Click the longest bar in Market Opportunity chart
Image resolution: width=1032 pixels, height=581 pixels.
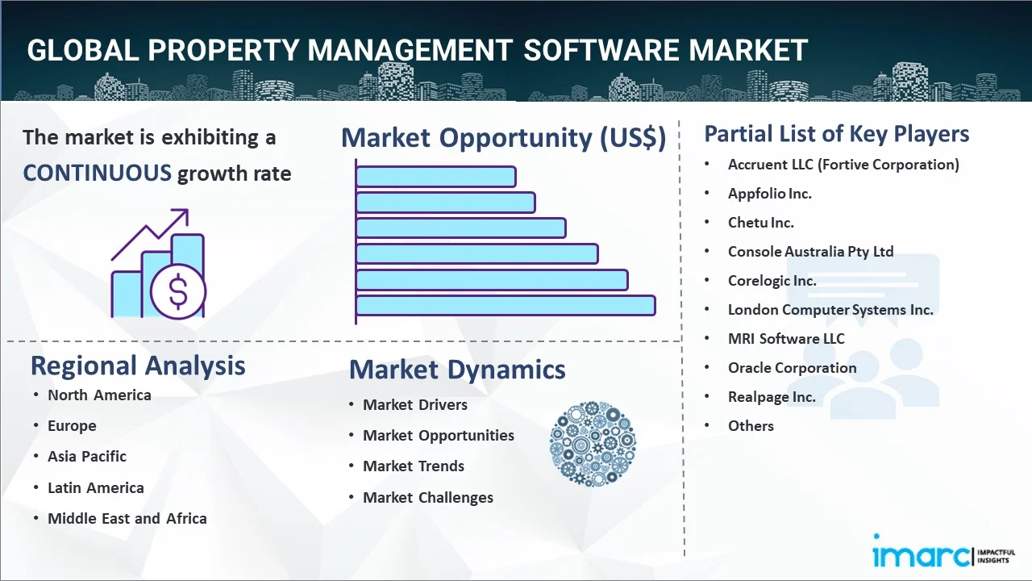coord(505,305)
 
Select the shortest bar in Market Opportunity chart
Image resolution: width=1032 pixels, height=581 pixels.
coord(435,176)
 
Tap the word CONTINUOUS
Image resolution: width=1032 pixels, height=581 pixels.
coord(97,173)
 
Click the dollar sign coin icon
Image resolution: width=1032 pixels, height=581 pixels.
coord(178,292)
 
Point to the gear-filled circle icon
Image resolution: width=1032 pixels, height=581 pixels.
coord(593,444)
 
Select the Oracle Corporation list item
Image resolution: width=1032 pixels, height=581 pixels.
coord(792,368)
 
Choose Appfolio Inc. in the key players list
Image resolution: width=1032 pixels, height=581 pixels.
coord(769,194)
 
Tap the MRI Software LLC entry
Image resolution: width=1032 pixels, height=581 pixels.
coord(786,339)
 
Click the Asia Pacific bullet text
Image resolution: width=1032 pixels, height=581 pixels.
coord(87,457)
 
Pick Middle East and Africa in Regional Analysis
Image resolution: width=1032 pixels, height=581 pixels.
coord(127,519)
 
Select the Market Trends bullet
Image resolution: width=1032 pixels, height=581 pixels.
coord(414,466)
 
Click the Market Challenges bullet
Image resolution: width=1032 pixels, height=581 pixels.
coord(427,498)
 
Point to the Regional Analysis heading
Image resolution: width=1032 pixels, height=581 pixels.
coord(138,366)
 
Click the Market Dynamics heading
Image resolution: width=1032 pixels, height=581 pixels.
coord(457,370)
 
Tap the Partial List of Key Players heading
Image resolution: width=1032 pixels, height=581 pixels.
coord(837,134)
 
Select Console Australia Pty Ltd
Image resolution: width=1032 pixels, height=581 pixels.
coord(810,252)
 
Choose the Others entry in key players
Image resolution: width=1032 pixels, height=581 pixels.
coord(751,426)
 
